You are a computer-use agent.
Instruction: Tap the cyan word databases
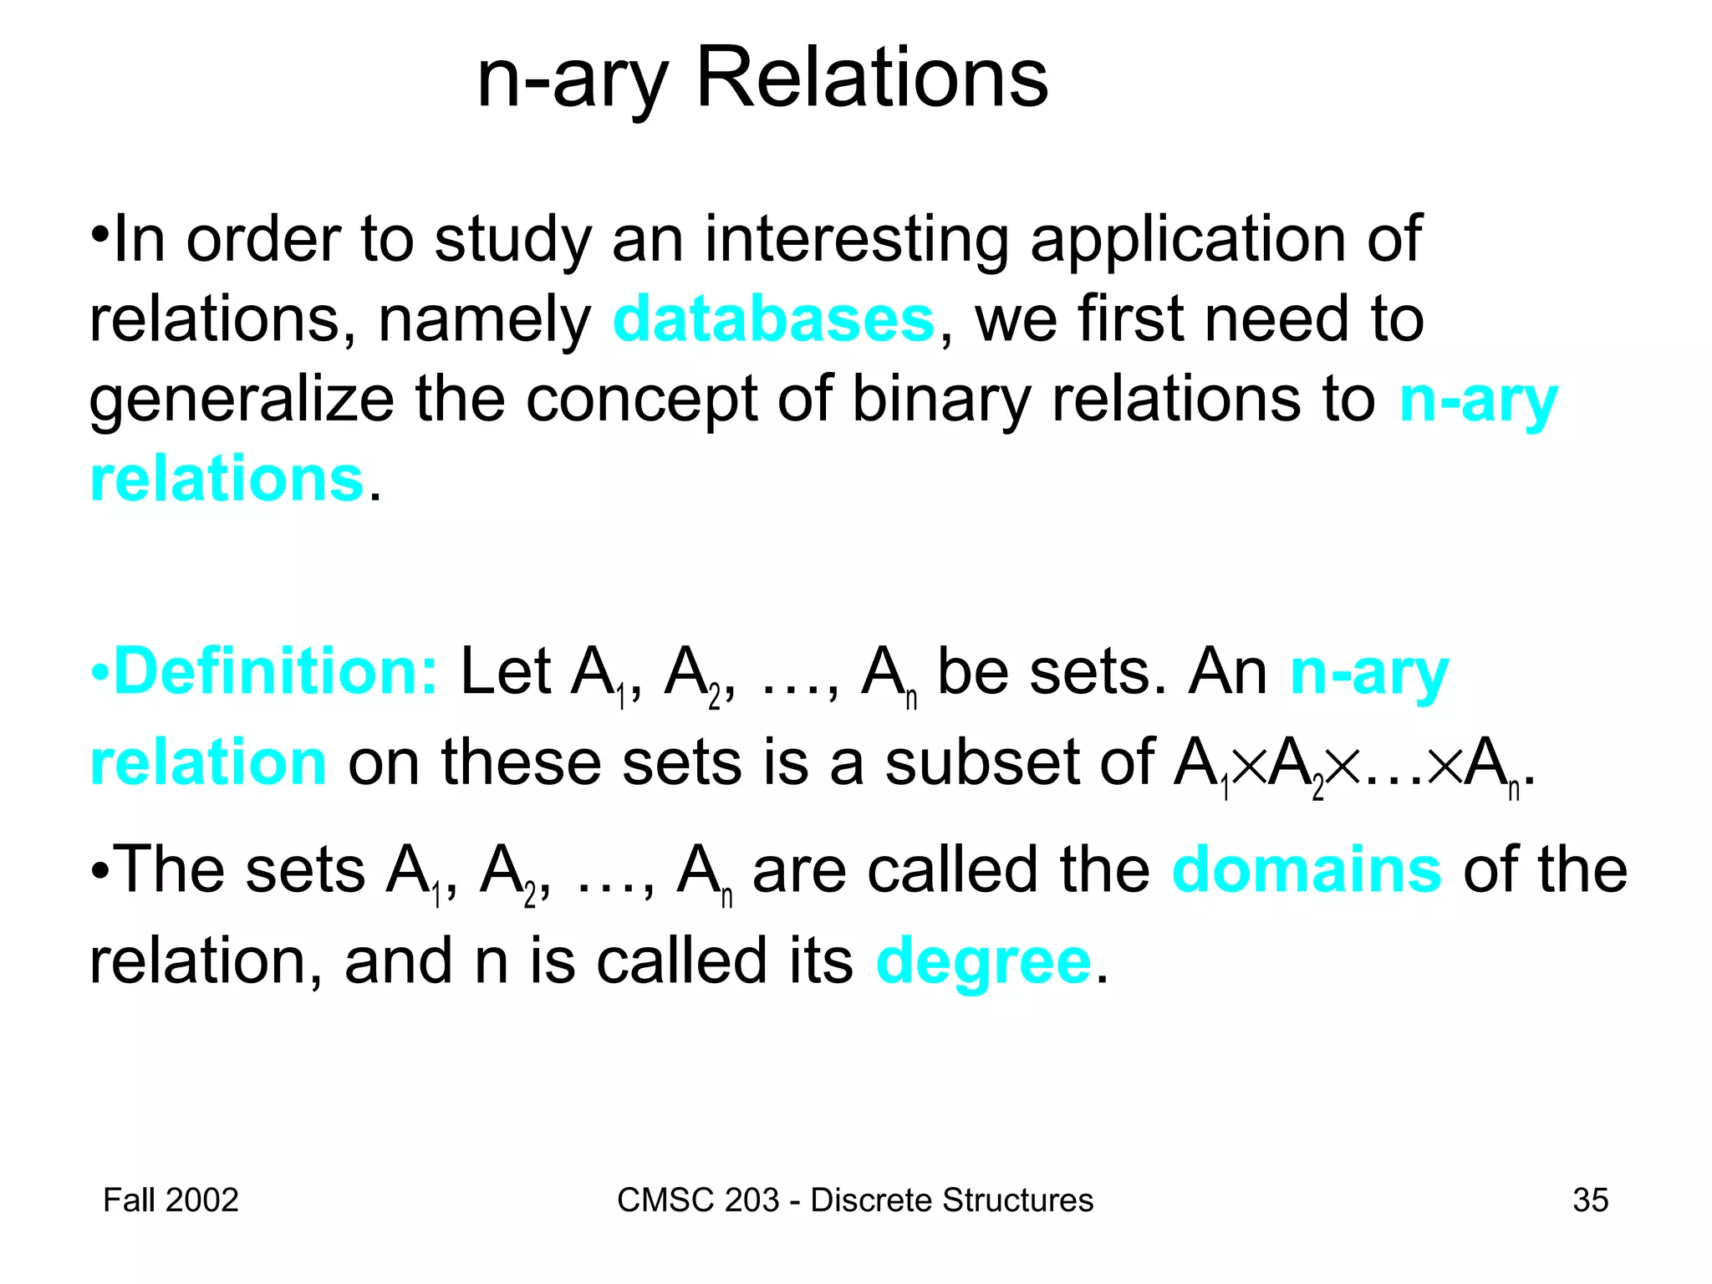click(x=773, y=320)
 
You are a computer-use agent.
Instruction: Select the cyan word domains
click(x=1307, y=870)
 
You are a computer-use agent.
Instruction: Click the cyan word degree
click(x=983, y=962)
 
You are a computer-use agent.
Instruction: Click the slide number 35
click(x=1590, y=1200)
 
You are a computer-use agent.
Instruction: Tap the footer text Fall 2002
click(x=171, y=1200)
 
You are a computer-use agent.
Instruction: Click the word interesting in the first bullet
click(x=857, y=240)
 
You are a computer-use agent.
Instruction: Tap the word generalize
click(x=242, y=400)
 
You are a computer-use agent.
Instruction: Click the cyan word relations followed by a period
click(x=227, y=480)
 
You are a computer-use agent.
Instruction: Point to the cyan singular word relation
click(x=208, y=763)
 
